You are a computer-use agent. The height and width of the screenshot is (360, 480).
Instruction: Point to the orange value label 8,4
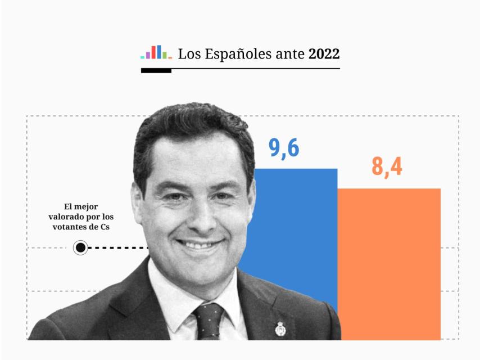(x=387, y=167)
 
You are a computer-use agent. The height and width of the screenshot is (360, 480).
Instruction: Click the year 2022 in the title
(x=324, y=54)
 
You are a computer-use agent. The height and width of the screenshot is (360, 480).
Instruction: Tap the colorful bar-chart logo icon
(x=156, y=52)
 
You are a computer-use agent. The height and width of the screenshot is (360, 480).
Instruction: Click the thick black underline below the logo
(x=156, y=71)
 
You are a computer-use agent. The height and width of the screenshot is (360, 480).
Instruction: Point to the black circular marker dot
(x=80, y=247)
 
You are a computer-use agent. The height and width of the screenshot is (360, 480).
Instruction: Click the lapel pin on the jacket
(x=279, y=328)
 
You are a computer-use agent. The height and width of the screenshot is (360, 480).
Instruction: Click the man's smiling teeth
(x=198, y=245)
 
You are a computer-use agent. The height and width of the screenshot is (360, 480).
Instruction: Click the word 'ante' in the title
(x=291, y=55)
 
